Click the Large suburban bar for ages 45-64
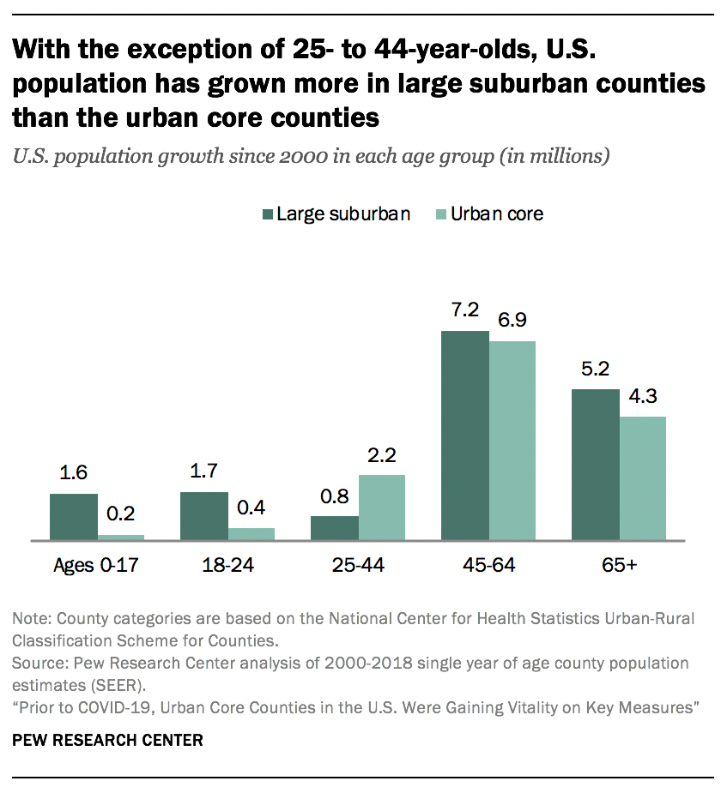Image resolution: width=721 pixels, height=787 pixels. coord(464,436)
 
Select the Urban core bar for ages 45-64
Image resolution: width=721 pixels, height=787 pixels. coord(512,441)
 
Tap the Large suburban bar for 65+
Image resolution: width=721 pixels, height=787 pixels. coord(595,465)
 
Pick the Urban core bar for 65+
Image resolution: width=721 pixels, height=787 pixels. coord(643,478)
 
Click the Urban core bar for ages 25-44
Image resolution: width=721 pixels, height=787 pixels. coord(382,508)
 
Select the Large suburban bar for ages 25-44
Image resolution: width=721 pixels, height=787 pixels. coord(334,528)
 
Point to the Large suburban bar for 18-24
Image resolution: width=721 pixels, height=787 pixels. coord(203,516)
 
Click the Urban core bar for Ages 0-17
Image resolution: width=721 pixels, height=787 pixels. coord(121,537)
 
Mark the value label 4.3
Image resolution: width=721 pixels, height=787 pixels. coord(643,397)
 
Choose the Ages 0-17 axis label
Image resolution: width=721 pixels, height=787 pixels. coord(95,566)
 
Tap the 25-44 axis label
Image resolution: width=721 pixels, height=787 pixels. coord(358,566)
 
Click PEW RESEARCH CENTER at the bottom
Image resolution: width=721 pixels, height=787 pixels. coord(107,740)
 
